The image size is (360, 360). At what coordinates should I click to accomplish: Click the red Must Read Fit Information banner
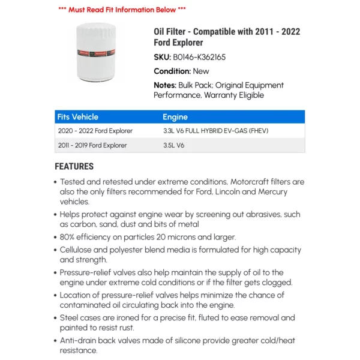[122, 10]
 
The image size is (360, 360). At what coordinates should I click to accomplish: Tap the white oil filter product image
[98, 52]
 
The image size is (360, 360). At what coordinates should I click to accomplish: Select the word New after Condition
[202, 71]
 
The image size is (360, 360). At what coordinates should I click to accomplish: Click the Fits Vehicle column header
[77, 117]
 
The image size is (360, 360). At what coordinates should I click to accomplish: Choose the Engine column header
[175, 117]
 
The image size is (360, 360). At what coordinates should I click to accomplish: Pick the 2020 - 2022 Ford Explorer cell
[95, 131]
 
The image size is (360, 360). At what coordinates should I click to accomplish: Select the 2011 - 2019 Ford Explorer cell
[92, 145]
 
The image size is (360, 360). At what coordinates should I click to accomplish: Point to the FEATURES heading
[74, 166]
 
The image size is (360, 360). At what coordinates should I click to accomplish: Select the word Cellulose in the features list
[79, 250]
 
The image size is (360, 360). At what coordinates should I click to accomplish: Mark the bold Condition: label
[172, 71]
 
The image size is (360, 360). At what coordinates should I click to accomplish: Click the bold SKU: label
[162, 57]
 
